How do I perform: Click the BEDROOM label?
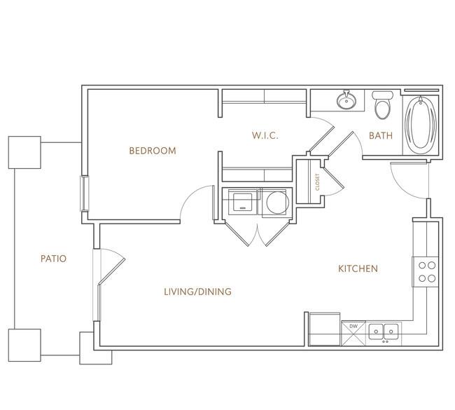click(x=153, y=151)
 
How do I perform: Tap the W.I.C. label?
click(x=265, y=135)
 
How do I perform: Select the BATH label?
click(x=381, y=135)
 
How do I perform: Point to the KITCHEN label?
click(x=358, y=268)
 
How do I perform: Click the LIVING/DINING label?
click(x=198, y=292)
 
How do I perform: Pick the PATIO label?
click(x=54, y=259)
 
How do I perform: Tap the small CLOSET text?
click(x=317, y=182)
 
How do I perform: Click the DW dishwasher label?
click(x=353, y=327)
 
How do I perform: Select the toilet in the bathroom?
click(x=383, y=104)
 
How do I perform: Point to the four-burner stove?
click(x=426, y=272)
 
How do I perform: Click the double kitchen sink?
click(x=384, y=332)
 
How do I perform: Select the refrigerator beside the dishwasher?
click(x=324, y=329)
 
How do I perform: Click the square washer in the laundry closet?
click(x=243, y=202)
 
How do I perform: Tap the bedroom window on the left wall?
click(x=85, y=193)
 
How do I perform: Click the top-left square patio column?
click(x=24, y=152)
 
